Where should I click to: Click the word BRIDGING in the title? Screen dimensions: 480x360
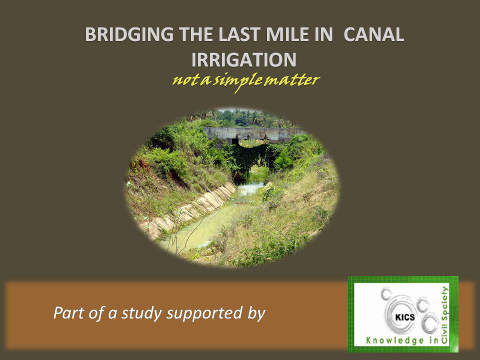pyautogui.click(x=129, y=34)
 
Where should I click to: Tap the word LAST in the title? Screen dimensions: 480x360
pyautogui.click(x=239, y=34)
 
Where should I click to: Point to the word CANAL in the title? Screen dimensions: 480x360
pyautogui.click(x=374, y=34)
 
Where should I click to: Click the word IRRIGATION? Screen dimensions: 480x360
pyautogui.click(x=243, y=59)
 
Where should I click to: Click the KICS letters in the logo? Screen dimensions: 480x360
pyautogui.click(x=405, y=317)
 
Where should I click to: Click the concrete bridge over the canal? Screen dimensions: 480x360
pyautogui.click(x=254, y=134)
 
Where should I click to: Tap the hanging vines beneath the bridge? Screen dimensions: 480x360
pyautogui.click(x=249, y=159)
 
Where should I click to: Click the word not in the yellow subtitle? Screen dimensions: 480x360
pyautogui.click(x=183, y=80)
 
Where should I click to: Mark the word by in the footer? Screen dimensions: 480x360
pyautogui.click(x=256, y=313)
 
